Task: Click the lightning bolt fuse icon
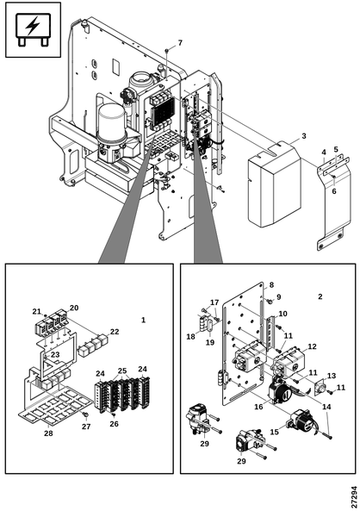pos(33,29)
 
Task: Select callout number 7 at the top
pos(180,43)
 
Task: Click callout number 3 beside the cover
pos(304,136)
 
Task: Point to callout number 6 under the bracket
pos(334,191)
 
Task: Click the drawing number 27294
pos(354,497)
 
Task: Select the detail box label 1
pos(143,320)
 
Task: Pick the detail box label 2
pos(320,296)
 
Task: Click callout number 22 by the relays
pos(115,332)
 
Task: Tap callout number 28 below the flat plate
pos(48,433)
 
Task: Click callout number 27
pos(86,427)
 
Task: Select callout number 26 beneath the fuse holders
pos(114,424)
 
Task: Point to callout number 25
pos(122,371)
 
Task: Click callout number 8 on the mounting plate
pos(271,284)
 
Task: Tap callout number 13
pos(332,376)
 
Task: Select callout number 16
pos(258,407)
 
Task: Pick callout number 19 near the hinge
pos(210,342)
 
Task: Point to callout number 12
pos(312,346)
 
